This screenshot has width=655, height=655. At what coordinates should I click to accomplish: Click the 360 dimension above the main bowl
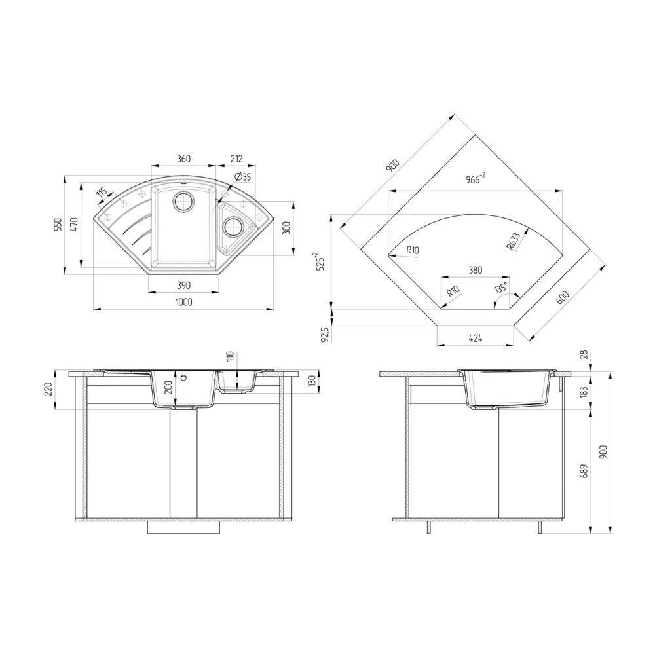183,159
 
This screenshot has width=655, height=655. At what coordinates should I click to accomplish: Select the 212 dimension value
236,159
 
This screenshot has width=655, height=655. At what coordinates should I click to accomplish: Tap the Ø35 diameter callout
241,177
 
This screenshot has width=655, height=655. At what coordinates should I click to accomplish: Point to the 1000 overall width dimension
183,301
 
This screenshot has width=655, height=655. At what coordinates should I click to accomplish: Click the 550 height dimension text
58,225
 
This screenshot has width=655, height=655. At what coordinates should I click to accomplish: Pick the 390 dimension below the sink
183,285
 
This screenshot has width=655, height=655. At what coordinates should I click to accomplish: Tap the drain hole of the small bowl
233,227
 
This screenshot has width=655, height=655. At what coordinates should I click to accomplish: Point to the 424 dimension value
476,339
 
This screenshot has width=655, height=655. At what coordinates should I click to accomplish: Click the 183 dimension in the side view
585,392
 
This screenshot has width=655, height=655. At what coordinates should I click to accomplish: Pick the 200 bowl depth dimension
168,386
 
